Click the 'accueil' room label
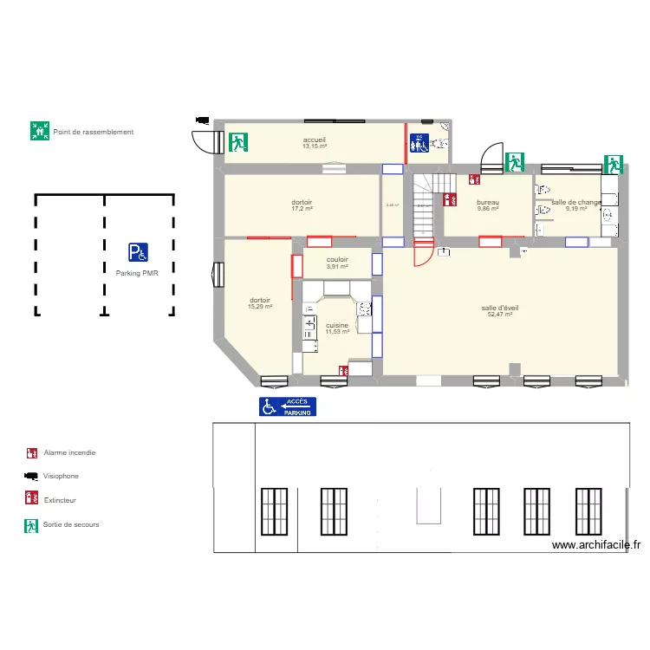(315, 140)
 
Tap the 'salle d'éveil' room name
(500, 308)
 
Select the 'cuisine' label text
(337, 325)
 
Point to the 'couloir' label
(337, 259)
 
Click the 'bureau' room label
(488, 203)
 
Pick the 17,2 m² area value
(302, 209)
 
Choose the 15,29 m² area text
(260, 306)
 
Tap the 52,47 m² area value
(500, 315)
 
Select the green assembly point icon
(39, 132)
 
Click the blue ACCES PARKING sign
(288, 406)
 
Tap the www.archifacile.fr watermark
(596, 545)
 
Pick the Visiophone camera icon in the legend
(31, 476)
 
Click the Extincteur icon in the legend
(31, 499)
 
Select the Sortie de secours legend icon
(31, 524)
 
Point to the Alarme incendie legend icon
(31, 452)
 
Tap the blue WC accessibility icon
(419, 143)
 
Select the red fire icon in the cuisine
(344, 370)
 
